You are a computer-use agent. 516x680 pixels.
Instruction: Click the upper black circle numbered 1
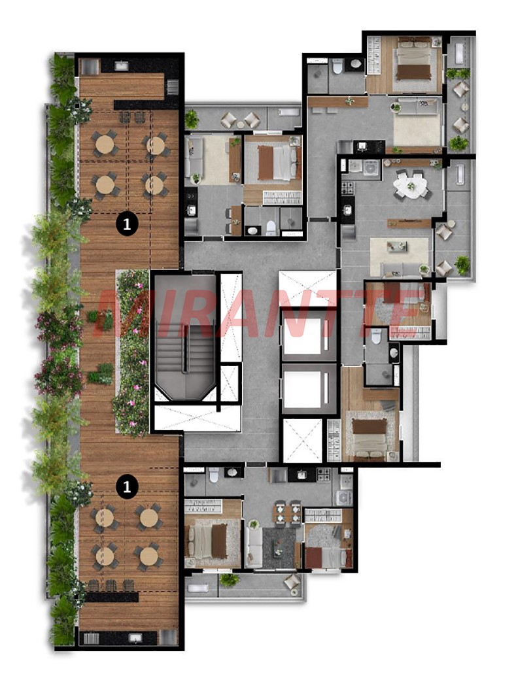[127, 224]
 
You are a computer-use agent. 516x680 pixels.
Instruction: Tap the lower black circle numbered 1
[127, 486]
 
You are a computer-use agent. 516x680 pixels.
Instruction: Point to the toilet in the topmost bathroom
[337, 67]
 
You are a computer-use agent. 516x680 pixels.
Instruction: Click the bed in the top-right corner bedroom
[414, 63]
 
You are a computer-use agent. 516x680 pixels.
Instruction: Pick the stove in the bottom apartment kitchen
[324, 475]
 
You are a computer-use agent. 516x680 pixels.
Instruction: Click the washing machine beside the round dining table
[371, 167]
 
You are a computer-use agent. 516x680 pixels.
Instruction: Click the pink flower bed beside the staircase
[132, 352]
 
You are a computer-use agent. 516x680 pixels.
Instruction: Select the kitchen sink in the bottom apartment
[301, 475]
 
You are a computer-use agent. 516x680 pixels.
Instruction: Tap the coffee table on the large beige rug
[397, 246]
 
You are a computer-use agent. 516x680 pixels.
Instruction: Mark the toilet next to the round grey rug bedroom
[376, 336]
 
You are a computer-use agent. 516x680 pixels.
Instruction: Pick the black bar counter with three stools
[111, 596]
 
